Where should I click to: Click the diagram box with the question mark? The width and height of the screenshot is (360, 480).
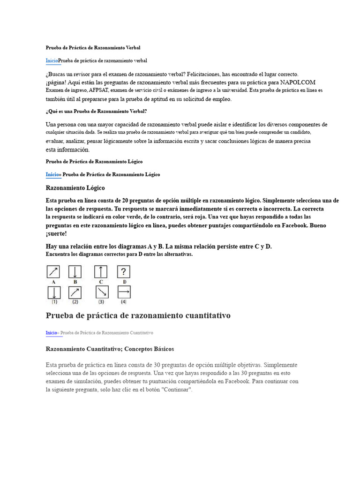124,272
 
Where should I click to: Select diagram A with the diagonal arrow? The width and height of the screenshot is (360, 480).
53,272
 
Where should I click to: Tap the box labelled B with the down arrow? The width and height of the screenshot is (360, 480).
75,272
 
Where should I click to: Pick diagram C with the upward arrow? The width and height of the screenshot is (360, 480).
101,272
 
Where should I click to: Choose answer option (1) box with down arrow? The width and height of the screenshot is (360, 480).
54,292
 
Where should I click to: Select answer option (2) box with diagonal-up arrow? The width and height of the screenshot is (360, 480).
75,292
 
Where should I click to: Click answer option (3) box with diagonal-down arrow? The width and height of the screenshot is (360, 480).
101,292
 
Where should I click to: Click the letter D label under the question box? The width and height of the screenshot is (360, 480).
124,282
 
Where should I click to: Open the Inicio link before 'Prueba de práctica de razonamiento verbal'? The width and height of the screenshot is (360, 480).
52,61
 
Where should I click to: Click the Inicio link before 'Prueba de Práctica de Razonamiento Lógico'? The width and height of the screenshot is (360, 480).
53,174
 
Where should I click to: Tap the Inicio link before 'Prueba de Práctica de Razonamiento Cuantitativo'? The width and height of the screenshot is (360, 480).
51,333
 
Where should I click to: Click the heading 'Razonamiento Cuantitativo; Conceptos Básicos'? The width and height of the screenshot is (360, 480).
110,349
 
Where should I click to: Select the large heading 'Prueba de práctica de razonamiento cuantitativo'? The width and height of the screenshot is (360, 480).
138,315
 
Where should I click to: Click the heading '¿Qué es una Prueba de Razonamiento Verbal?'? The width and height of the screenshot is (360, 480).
96,111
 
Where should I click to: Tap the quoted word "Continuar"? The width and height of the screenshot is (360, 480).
176,390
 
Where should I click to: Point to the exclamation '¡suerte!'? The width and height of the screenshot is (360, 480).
56,234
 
